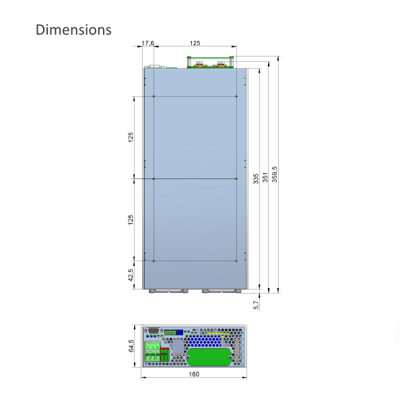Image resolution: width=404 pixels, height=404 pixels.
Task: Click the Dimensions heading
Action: [73, 30]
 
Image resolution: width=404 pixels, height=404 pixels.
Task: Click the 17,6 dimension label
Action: [148, 43]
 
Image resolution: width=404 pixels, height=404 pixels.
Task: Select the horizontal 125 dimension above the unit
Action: [195, 43]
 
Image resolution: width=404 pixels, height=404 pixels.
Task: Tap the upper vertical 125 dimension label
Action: [131, 137]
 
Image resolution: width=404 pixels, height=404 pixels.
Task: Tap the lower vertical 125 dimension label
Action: [131, 220]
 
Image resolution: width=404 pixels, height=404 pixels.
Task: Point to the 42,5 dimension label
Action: [131, 275]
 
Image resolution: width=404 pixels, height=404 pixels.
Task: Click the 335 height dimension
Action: [256, 178]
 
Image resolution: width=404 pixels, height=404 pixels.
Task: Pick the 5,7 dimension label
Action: [256, 305]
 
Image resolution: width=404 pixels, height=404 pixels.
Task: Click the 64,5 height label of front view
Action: [132, 345]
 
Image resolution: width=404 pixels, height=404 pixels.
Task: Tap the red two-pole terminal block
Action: [174, 352]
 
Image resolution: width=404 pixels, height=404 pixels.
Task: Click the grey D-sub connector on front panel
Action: [152, 331]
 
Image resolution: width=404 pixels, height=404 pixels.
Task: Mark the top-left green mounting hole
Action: [154, 97]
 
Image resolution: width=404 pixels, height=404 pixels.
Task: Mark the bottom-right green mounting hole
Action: [236, 261]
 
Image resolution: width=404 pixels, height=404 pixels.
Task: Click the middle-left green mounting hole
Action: [154, 178]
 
